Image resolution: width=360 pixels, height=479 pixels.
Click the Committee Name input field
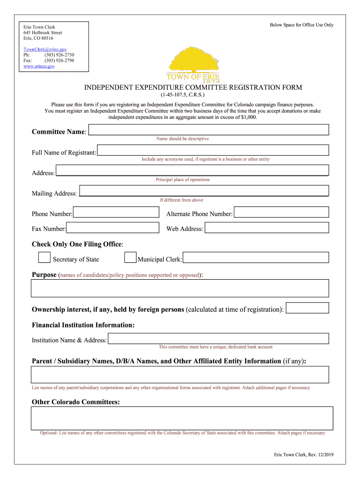(209, 130)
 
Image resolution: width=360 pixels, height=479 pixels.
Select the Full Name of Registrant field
(213, 150)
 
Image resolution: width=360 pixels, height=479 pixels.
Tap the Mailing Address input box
(204, 191)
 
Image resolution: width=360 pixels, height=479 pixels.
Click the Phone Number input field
(116, 212)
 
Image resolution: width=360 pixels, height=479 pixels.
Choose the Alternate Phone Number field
(281, 212)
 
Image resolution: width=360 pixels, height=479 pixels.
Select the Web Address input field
(266, 227)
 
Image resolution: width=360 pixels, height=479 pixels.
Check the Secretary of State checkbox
(44, 258)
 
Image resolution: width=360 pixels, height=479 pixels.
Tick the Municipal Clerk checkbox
(130, 258)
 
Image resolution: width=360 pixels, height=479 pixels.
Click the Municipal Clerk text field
(256, 258)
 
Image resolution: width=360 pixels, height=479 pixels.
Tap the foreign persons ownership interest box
(307, 308)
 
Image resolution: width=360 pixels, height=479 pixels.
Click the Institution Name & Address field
(218, 338)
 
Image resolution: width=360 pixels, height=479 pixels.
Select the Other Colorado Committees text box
(182, 418)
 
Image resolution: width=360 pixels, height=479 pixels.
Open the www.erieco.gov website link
(39, 66)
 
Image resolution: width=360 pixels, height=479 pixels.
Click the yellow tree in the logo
(193, 59)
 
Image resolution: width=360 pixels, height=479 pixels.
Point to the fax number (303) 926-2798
(59, 60)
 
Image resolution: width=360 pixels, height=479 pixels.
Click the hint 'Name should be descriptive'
(182, 139)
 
